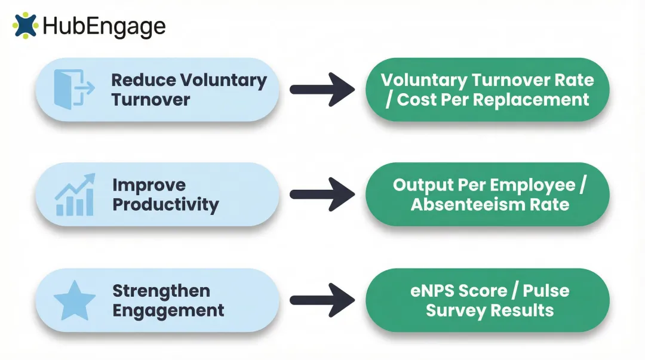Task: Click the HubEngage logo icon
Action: pos(25,26)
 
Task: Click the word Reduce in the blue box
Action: pos(143,80)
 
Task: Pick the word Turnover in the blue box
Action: pos(150,99)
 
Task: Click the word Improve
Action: pos(149,185)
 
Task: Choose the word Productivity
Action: pos(165,205)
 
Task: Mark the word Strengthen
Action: pos(161,291)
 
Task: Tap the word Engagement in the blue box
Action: pos(168,310)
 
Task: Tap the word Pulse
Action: pos(546,291)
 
